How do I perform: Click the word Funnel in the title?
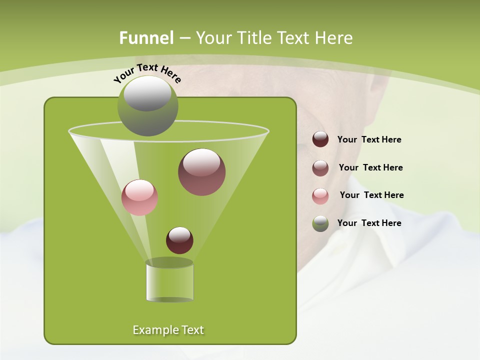pos(146,38)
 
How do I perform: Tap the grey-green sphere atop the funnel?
pos(147,106)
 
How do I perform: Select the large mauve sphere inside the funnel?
pos(201,172)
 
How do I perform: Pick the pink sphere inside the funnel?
pos(140,197)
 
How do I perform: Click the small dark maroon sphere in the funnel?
pos(179,240)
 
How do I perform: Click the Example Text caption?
pos(168,330)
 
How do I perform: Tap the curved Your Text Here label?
pos(147,72)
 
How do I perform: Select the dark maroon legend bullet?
pos(320,139)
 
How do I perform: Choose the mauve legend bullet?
pos(320,167)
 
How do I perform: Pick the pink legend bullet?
pos(320,195)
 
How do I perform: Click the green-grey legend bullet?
pos(320,223)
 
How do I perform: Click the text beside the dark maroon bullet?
pos(369,139)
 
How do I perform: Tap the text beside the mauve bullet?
pos(370,167)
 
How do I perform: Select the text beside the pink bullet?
pos(371,195)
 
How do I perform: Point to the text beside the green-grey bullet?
pos(369,223)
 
